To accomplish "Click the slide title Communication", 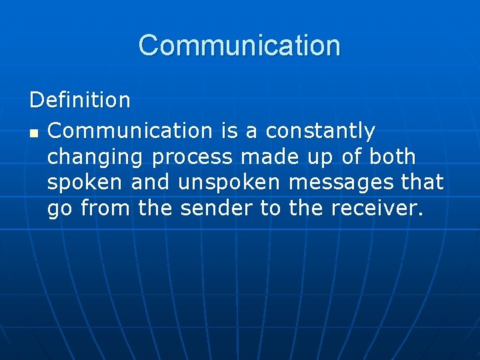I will [239, 45].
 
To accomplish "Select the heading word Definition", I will [80, 101].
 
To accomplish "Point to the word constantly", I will [320, 131].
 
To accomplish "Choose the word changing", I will [95, 158].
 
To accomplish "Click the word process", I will [193, 158].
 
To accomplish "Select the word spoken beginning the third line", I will [85, 183].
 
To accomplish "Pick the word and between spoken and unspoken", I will [151, 182].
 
